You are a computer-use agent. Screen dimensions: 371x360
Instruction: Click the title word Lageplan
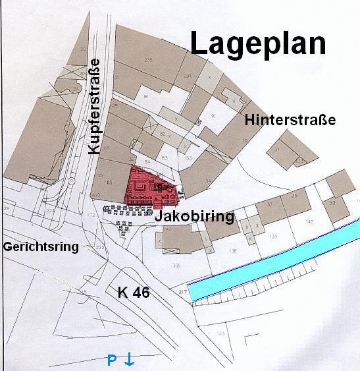tap(259, 43)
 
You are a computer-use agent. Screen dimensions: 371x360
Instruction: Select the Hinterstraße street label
tap(290, 120)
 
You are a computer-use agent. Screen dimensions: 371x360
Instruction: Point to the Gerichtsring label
tap(41, 247)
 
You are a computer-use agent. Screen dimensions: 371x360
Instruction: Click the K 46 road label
tap(134, 293)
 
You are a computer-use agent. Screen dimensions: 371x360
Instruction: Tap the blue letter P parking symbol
tap(112, 360)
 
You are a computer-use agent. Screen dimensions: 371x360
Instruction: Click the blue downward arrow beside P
tap(130, 360)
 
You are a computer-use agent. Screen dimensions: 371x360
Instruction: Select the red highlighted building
tap(148, 188)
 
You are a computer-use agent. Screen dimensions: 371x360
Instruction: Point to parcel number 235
tap(148, 60)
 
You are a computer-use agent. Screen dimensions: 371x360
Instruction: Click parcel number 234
tap(188, 76)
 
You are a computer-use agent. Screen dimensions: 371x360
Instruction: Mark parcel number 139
tap(273, 235)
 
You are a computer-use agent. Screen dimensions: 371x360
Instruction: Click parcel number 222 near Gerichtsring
tap(100, 246)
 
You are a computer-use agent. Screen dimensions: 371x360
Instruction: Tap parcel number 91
tap(213, 116)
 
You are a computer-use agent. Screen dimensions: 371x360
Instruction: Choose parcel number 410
tap(95, 195)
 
